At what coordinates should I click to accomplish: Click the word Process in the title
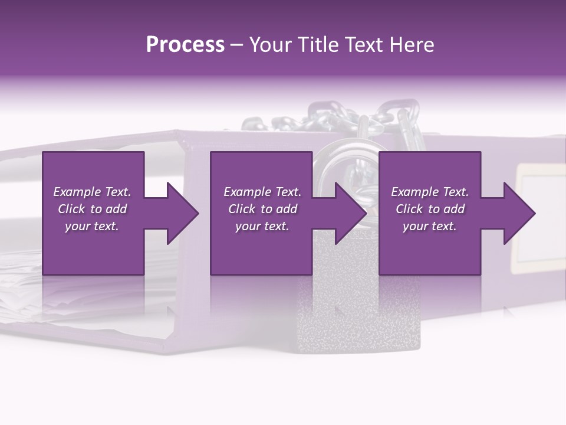point(185,45)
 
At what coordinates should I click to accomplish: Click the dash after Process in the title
point(237,45)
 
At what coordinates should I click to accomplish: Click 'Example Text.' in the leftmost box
point(93,192)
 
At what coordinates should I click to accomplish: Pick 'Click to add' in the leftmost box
point(93,209)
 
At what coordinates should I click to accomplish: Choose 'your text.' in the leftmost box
point(93,226)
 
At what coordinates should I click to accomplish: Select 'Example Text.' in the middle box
point(262,192)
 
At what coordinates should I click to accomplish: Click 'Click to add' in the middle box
point(262,209)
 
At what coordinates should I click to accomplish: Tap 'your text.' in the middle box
point(262,226)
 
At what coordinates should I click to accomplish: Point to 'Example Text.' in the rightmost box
point(430,192)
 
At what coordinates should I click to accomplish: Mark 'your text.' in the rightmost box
point(430,226)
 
